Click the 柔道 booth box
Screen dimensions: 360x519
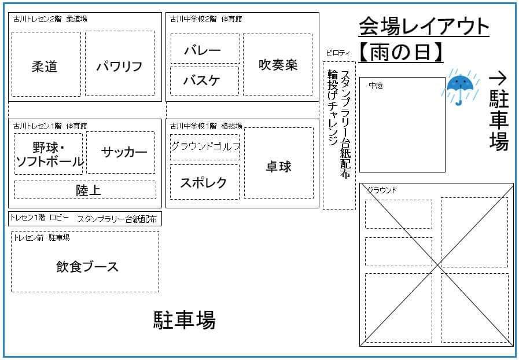tap(46, 64)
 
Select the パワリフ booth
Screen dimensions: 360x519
tap(120, 64)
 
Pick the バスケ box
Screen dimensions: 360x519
tap(204, 80)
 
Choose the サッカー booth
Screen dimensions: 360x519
tap(121, 152)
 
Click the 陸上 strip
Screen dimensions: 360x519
tap(85, 190)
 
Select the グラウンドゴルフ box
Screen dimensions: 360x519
tap(205, 147)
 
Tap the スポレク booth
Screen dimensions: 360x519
tap(204, 182)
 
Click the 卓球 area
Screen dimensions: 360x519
tap(279, 167)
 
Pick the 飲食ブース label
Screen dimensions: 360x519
tap(87, 267)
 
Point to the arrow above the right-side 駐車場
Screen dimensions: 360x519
tap(498, 78)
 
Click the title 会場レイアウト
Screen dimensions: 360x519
tap(424, 26)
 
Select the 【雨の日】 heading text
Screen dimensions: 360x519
tap(401, 53)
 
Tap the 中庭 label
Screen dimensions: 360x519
tap(376, 86)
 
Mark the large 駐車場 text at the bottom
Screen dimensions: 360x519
tap(184, 320)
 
